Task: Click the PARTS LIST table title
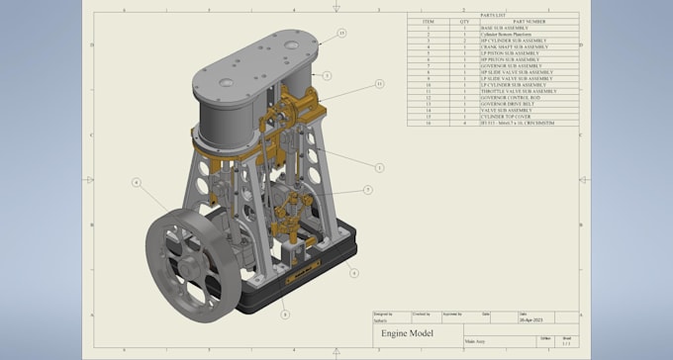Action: pos(491,14)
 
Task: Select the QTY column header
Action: pos(464,21)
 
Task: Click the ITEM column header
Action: pos(428,21)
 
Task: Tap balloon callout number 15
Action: pos(341,33)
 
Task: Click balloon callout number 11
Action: pos(379,85)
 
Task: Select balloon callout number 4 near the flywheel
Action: pos(136,182)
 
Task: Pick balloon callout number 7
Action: pos(367,189)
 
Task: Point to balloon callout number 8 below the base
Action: pos(285,315)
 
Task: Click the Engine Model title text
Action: pos(407,334)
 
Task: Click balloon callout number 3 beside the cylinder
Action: pos(327,75)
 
